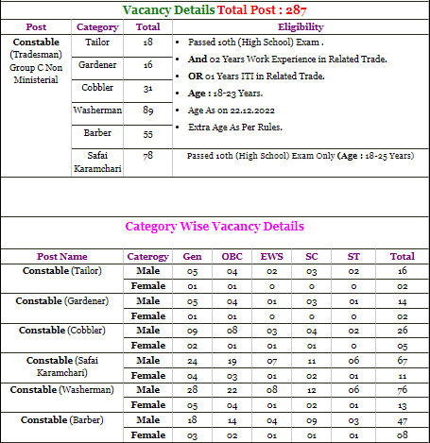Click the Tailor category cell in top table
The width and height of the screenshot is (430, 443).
pos(96,43)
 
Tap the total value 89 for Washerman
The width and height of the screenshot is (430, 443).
pos(146,111)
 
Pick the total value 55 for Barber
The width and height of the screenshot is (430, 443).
pos(146,134)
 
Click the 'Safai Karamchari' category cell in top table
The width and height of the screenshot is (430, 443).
pos(96,161)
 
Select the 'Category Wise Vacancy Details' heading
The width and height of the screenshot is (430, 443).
pos(215,228)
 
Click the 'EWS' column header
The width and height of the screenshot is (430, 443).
pos(271,256)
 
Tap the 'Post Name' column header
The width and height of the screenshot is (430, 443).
pos(62,256)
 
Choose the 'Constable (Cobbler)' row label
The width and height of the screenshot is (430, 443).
pos(62,330)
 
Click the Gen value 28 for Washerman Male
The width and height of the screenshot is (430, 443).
pos(192,389)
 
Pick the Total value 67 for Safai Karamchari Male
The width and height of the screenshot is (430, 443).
pos(402,360)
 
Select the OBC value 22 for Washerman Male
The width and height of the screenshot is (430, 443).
pos(232,389)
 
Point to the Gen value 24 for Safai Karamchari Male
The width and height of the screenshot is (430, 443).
pos(192,360)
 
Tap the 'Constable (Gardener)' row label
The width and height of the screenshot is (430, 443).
pos(62,300)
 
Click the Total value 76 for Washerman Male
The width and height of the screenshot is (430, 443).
pos(402,389)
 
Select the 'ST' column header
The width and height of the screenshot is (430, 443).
pos(353,256)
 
